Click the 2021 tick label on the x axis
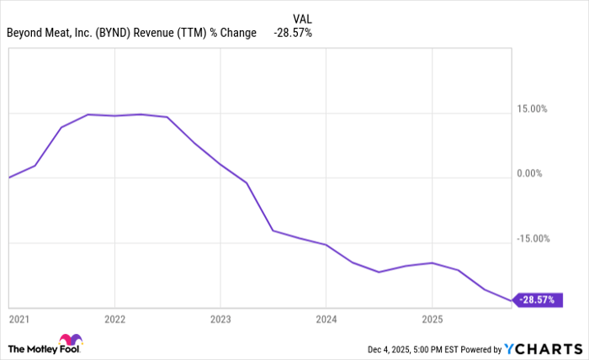point(19,319)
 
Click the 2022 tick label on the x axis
point(114,319)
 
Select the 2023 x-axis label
point(220,319)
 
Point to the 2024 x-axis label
point(326,319)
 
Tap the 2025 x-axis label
point(432,319)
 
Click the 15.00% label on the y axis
point(532,109)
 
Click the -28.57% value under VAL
point(292,33)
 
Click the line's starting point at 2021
point(8,177)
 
